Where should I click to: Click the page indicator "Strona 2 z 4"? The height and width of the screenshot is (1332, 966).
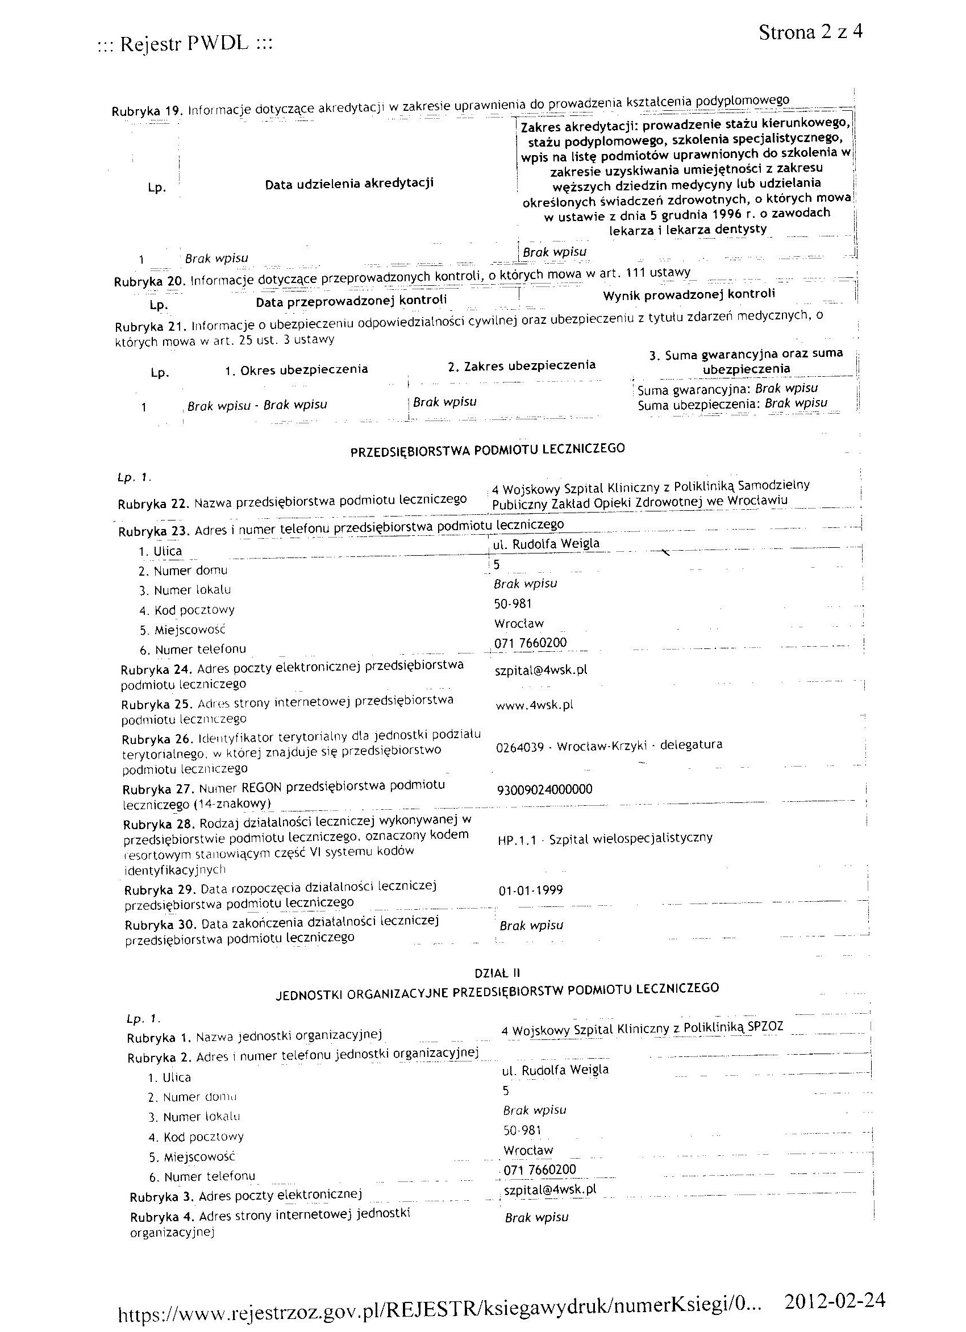[x=810, y=32]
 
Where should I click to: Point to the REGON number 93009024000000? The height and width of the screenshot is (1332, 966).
[x=544, y=789]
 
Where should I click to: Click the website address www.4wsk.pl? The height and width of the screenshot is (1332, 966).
[x=534, y=705]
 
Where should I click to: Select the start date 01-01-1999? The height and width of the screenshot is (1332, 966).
[x=530, y=890]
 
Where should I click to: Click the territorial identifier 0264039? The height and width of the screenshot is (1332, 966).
[x=520, y=748]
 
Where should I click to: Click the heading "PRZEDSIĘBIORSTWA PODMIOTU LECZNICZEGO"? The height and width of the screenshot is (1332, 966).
[x=488, y=450]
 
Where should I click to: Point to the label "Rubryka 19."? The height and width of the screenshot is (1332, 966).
[x=148, y=110]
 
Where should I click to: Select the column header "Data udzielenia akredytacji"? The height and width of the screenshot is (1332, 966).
[x=349, y=184]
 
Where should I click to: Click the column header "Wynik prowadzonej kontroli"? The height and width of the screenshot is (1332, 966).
[x=688, y=294]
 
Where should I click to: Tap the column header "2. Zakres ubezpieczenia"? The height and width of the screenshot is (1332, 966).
[x=522, y=366]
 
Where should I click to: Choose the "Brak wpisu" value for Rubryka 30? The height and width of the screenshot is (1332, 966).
[x=531, y=926]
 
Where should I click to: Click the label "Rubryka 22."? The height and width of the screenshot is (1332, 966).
[x=154, y=504]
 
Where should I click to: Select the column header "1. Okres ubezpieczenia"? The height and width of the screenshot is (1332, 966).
[x=297, y=370]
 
